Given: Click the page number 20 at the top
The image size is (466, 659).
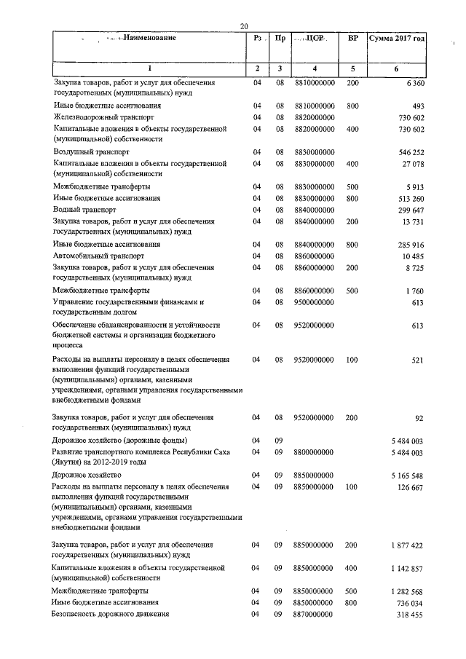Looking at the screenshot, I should (x=244, y=26).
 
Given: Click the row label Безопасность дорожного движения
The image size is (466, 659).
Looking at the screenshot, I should (x=110, y=614).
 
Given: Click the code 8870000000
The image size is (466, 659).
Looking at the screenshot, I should (x=314, y=614).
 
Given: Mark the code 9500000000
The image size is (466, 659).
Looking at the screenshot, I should (x=314, y=301).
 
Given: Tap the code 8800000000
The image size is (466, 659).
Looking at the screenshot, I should (x=314, y=452).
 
